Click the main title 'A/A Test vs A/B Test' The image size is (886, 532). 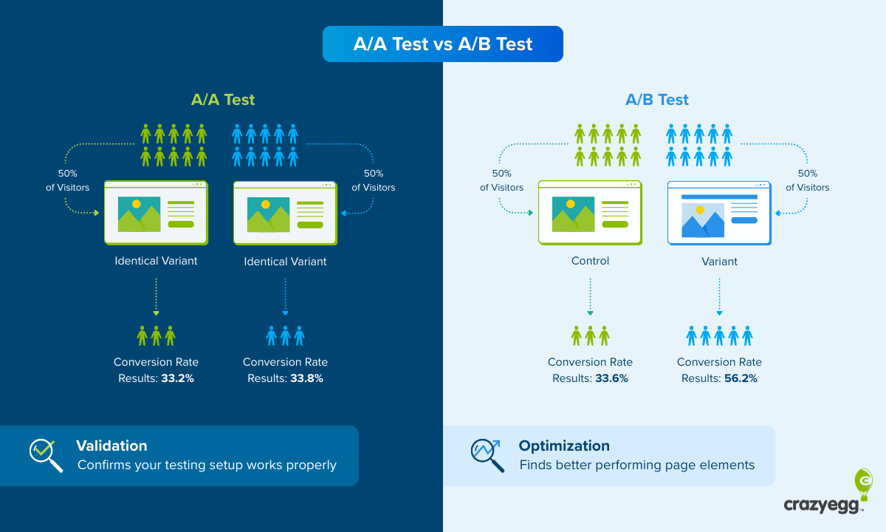[443, 44]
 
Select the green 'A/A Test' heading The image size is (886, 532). [223, 100]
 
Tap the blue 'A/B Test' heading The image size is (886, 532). [657, 100]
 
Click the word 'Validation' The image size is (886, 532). [111, 446]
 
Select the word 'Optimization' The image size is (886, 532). [564, 446]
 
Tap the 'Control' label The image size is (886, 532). [590, 261]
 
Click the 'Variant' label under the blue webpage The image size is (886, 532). [719, 261]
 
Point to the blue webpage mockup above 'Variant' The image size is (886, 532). [719, 213]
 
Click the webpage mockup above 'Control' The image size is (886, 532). [590, 213]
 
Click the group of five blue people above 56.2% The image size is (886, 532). [719, 336]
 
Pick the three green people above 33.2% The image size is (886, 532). [156, 336]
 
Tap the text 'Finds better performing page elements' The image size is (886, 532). [637, 465]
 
